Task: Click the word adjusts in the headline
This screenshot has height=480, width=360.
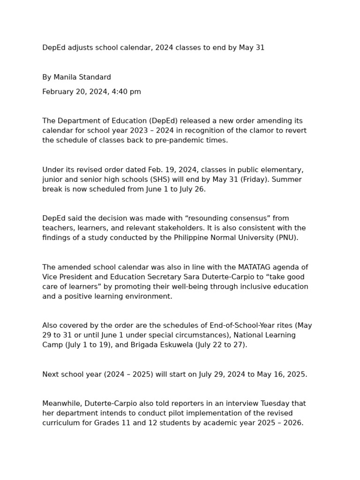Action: [x=80, y=48]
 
